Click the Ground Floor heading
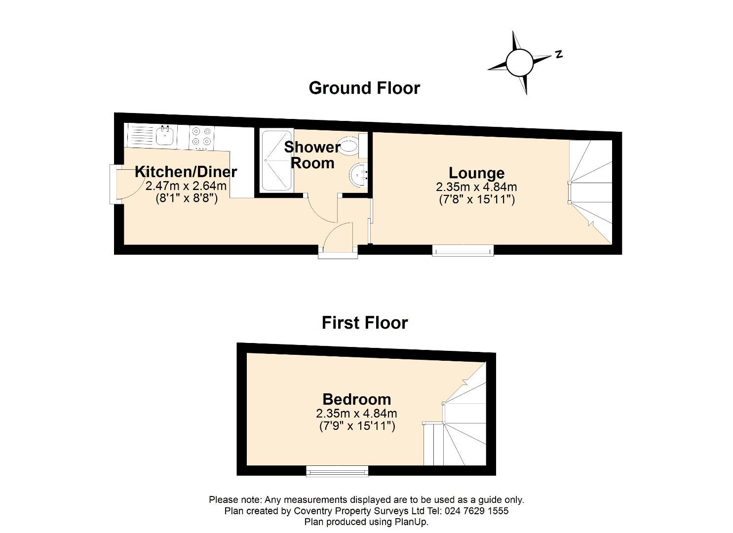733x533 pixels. point(364,88)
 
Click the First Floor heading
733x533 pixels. point(365,323)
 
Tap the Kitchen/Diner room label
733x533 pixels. point(186,172)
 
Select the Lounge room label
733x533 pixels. point(476,173)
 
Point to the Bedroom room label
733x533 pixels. point(356,399)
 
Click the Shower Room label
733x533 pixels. point(312,155)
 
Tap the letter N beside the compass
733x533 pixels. point(559,54)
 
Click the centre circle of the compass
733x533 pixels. point(519,63)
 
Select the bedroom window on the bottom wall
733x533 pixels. point(337,471)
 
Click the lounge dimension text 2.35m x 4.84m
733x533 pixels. point(476,187)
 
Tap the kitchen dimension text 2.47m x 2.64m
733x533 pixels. point(186,186)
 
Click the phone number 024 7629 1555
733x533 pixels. point(477,511)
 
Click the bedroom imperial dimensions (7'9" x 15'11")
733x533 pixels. point(356,426)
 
